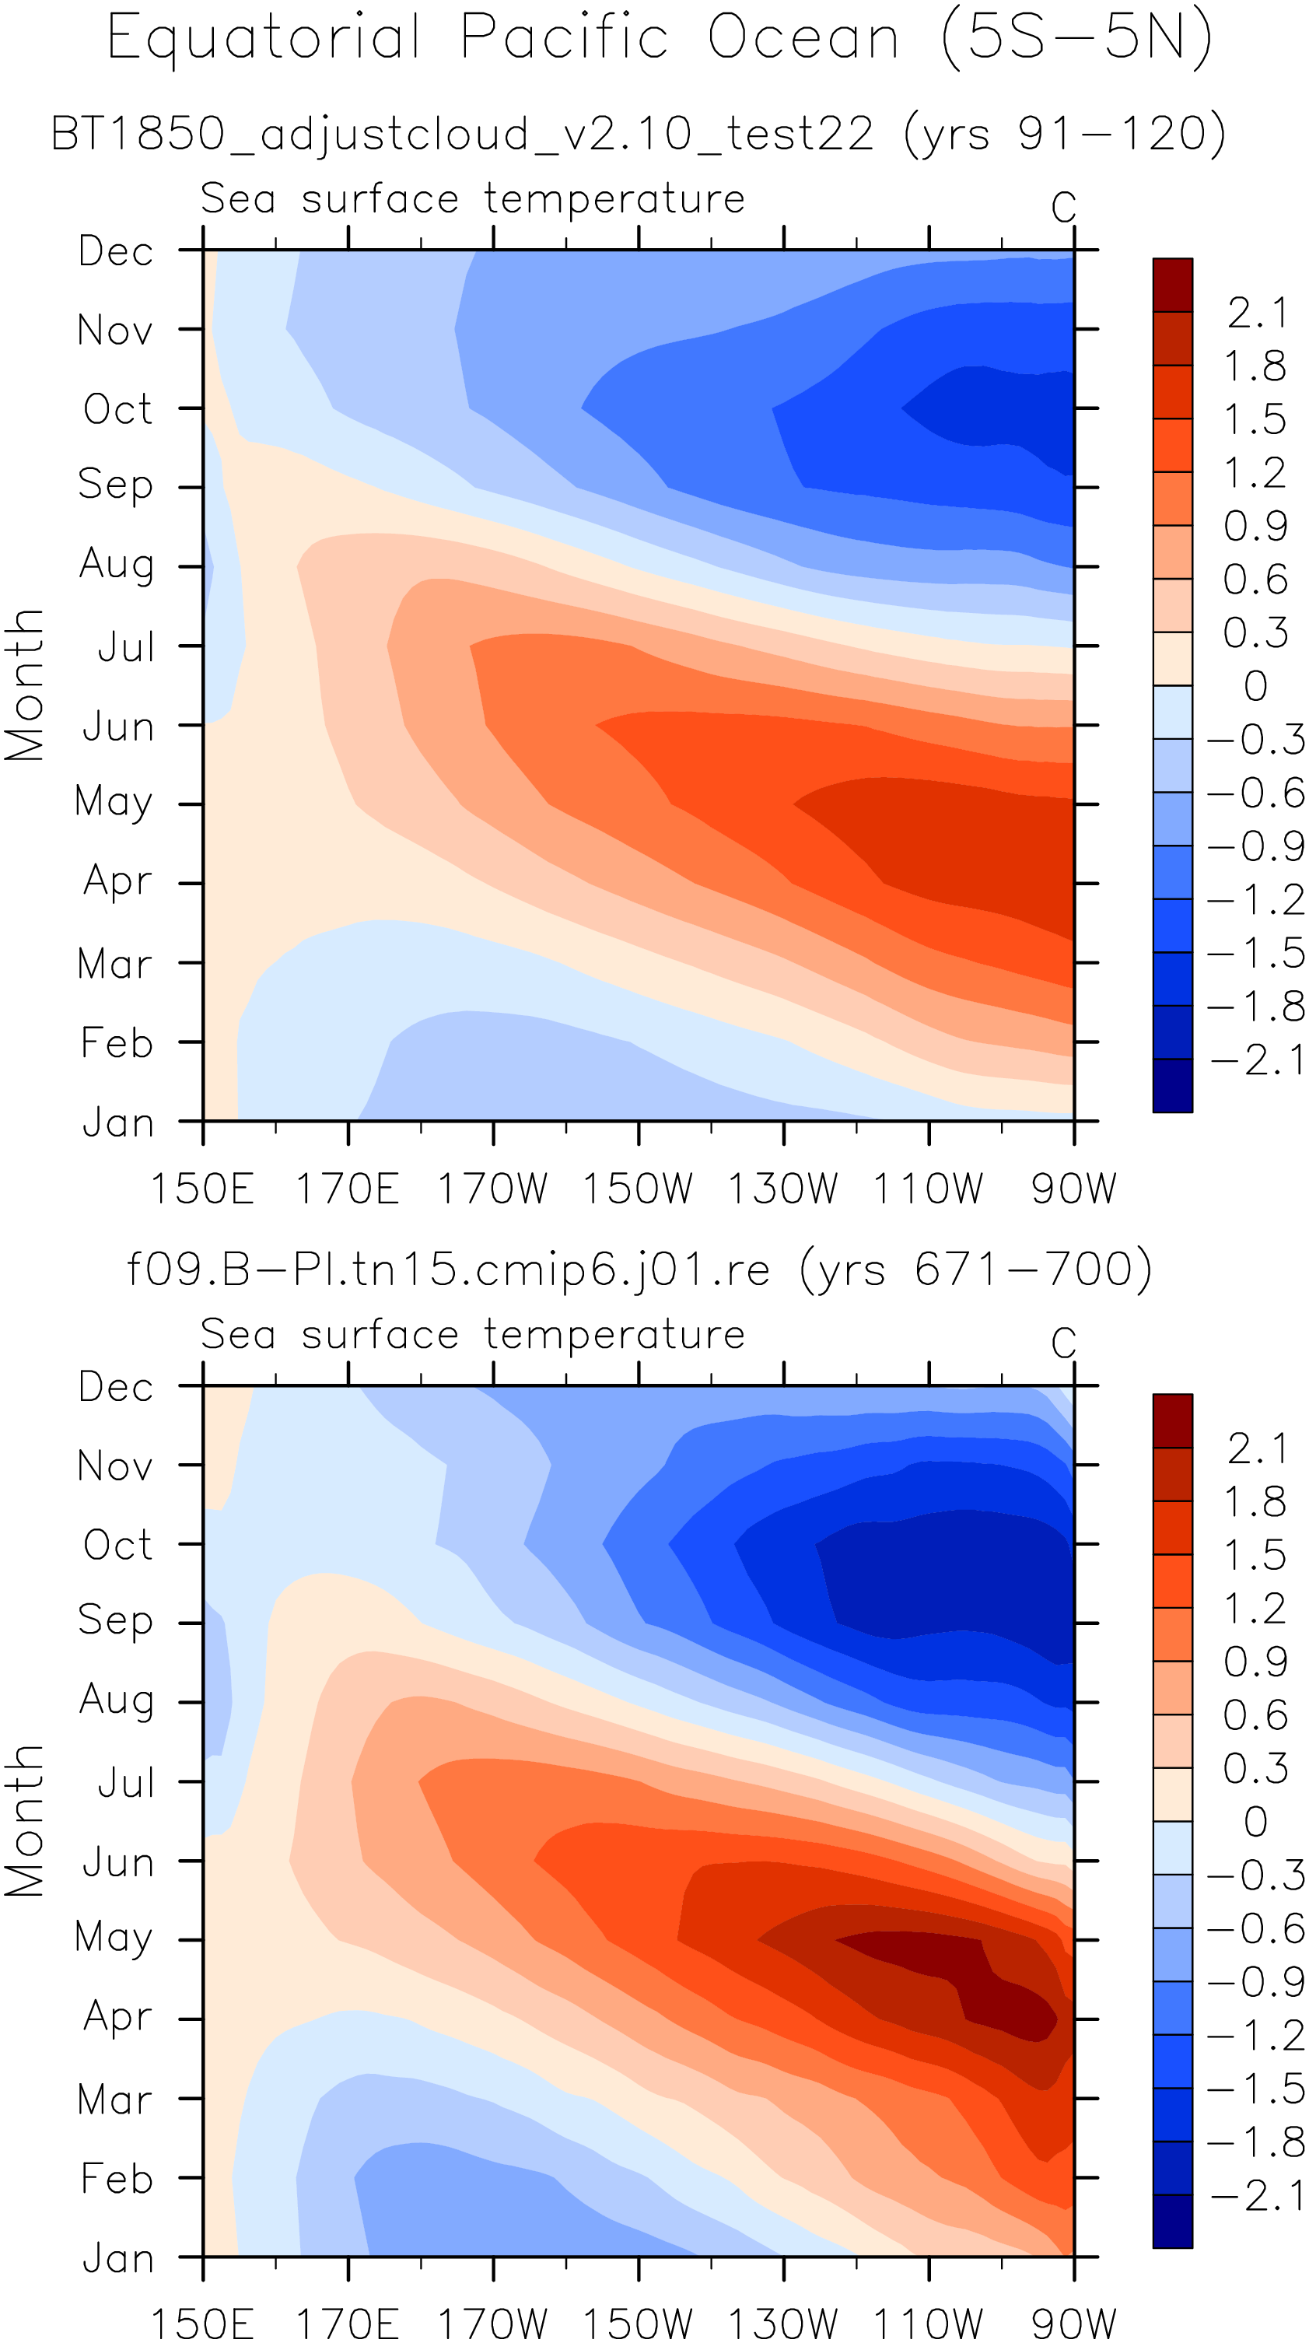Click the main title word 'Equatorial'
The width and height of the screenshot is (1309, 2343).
coord(264,38)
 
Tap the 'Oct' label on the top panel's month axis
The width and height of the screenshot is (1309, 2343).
coord(117,409)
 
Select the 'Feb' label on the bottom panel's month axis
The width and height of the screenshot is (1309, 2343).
coord(117,2178)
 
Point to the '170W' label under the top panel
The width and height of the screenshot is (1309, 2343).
coord(493,1189)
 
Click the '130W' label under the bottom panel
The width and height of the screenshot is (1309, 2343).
coord(783,2324)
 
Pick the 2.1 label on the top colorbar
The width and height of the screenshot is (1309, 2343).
coord(1256,313)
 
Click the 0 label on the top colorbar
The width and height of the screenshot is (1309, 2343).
coord(1255,686)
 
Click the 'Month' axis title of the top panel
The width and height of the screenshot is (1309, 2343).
coord(25,685)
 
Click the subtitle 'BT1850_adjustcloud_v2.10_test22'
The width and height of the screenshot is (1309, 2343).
coord(462,134)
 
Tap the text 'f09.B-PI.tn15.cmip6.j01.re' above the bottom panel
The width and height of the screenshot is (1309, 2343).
coord(447,1269)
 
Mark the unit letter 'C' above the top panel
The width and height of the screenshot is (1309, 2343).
coord(1063,208)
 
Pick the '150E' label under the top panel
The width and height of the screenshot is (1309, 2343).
coord(202,1189)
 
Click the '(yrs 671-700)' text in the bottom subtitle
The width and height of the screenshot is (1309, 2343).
coord(976,1269)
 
